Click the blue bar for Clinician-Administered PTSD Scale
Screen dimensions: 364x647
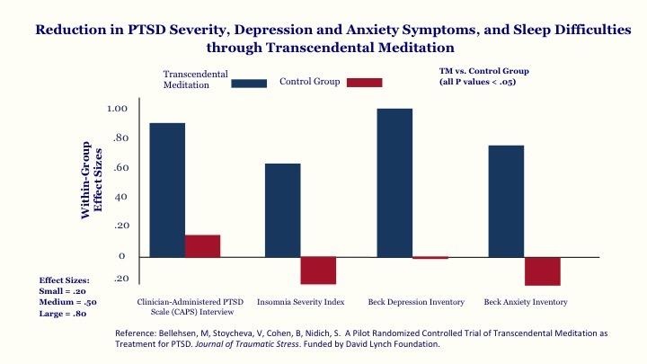point(168,190)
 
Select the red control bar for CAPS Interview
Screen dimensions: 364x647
point(202,246)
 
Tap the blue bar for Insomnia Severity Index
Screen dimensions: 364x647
point(282,209)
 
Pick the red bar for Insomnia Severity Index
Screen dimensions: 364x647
point(317,271)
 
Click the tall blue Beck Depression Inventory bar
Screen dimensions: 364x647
point(394,182)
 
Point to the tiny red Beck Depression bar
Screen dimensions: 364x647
point(430,258)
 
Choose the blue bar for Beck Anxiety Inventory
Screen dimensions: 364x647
point(506,200)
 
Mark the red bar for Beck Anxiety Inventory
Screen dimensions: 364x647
point(542,271)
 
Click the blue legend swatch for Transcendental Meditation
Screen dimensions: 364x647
point(249,83)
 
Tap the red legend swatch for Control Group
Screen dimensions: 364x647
point(364,83)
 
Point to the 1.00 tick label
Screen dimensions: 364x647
point(117,109)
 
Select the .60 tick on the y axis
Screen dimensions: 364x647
point(120,167)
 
